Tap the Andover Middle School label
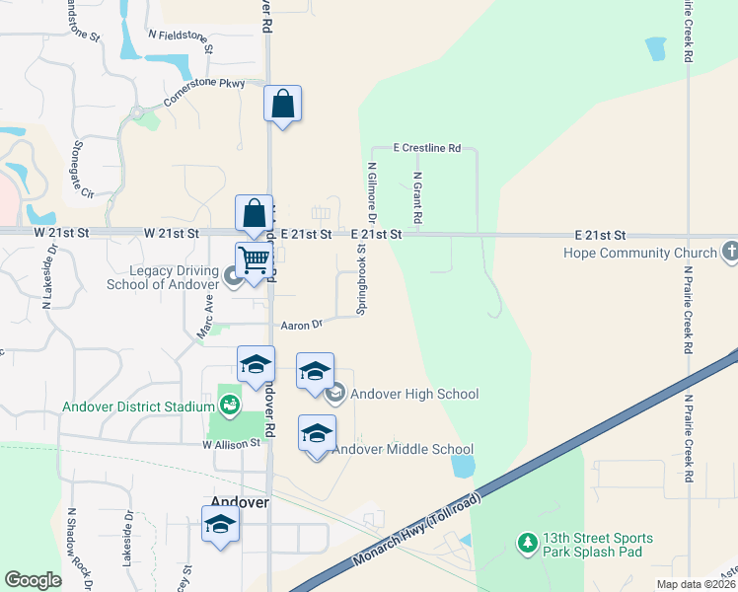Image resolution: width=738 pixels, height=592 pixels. point(403,450)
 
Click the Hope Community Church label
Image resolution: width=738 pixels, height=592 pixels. point(640,254)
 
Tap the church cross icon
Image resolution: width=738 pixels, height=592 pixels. point(729,250)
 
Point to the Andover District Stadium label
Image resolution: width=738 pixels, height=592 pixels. point(138,407)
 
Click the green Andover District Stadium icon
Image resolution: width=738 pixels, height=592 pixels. point(230,404)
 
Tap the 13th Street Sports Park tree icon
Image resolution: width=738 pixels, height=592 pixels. point(528,543)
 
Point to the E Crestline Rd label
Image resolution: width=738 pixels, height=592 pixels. point(426,148)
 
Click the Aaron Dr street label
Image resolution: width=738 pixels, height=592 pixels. point(302,324)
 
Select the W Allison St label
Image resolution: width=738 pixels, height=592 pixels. point(232,444)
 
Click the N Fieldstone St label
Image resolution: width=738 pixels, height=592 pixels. point(181,37)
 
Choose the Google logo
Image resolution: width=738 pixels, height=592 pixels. point(33,580)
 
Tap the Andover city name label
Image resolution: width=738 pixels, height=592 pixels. point(241,502)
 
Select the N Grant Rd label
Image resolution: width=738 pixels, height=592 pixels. point(418,197)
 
